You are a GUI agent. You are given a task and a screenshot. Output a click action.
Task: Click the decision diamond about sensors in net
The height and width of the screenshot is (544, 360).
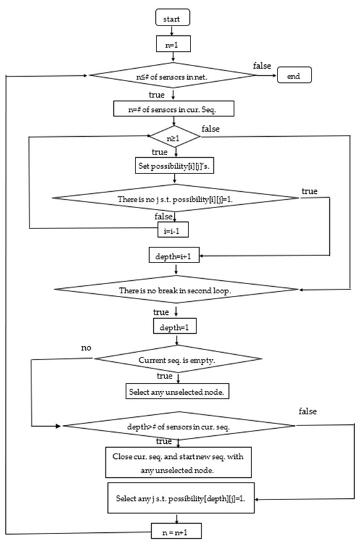pos(173,77)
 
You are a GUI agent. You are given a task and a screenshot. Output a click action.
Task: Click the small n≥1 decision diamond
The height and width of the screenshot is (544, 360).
pos(173,138)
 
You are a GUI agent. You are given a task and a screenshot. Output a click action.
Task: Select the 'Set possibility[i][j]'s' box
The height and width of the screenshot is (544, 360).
pos(173,166)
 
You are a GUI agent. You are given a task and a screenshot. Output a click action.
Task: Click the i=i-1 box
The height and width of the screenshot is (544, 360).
pos(173,229)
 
